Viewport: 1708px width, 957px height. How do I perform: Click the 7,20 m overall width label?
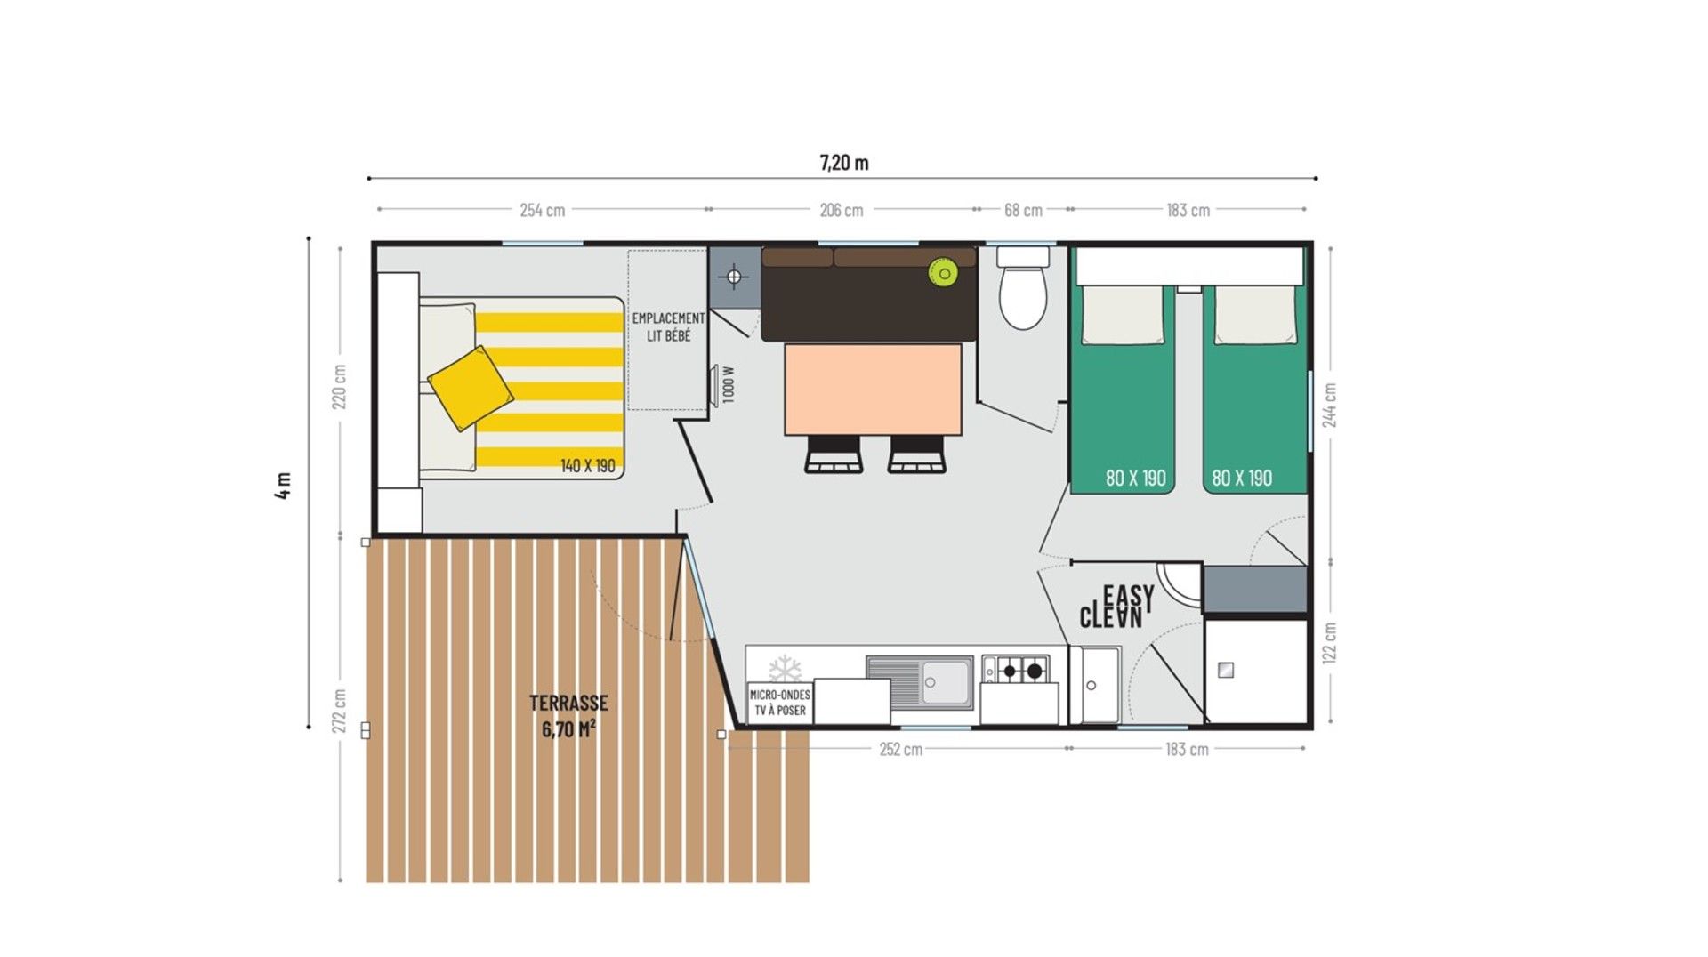pos(844,163)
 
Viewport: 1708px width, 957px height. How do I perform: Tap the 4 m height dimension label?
pos(283,485)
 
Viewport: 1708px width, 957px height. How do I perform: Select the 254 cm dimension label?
pos(543,210)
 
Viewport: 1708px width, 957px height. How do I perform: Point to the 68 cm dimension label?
pos(1023,210)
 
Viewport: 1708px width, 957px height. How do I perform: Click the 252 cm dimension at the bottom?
pos(901,750)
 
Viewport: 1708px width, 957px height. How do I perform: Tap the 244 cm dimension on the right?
pos(1329,406)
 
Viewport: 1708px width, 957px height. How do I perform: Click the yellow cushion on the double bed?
pos(471,388)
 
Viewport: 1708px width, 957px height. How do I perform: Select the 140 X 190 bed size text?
pos(588,466)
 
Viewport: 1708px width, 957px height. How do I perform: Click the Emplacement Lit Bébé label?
pos(668,326)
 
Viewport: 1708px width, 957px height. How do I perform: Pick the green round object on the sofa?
pos(943,272)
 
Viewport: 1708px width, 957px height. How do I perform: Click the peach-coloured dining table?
pos(873,390)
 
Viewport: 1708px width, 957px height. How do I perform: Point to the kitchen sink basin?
pos(946,682)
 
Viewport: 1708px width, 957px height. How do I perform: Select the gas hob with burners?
pos(1022,669)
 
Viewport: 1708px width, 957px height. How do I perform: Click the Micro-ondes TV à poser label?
pos(780,703)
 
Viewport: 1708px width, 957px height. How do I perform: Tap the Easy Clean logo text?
pos(1117,607)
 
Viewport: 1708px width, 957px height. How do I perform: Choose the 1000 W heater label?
pos(729,385)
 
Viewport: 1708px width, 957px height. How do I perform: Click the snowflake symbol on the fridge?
pos(785,670)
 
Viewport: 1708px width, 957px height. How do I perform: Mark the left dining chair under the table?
pos(834,454)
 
